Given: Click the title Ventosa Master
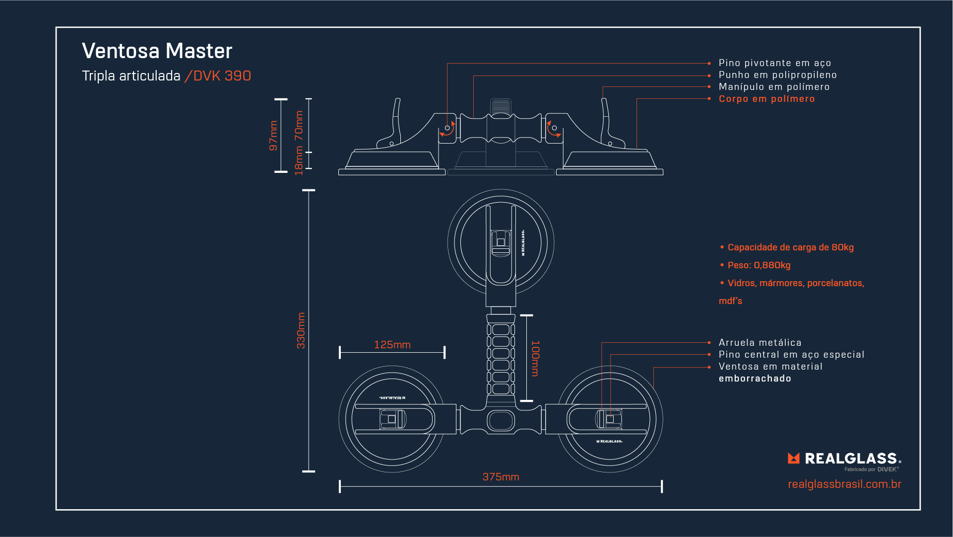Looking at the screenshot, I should point(157,51).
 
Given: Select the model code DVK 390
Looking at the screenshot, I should point(222,76).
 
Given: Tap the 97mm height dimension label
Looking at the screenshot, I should point(273,135).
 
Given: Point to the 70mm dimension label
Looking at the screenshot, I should point(299,125).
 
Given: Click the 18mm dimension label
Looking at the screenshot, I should point(299,160).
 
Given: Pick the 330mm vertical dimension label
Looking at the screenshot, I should point(301,330).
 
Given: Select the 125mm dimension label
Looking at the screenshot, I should point(392,345).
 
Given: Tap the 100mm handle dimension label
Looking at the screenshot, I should point(535,358).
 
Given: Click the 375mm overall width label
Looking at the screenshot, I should point(501,477).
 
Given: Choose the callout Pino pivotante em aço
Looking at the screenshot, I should point(774,63).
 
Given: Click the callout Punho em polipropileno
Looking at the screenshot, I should point(777,75).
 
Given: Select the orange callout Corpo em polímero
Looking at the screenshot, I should point(766,99).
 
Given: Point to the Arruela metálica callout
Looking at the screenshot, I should point(760,343).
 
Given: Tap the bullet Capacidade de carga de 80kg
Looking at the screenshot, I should point(790,247).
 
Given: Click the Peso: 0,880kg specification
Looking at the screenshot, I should point(759,265).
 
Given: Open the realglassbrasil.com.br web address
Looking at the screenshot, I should point(844,484).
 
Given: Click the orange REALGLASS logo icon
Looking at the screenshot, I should point(794,458).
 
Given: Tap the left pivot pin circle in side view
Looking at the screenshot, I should point(447,128).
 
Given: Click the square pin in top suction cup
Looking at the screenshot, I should point(501,242).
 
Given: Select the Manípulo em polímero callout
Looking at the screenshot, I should point(773,87).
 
